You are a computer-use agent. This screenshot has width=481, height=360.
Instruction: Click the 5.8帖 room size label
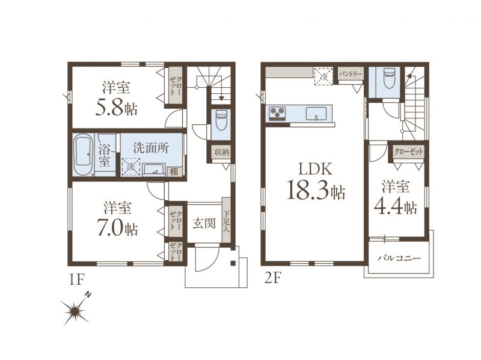[116, 108]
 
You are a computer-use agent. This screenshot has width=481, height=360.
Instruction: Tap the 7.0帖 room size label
[117, 228]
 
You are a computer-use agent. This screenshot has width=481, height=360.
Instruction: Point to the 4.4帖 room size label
[396, 207]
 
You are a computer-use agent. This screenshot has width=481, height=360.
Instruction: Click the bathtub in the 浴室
[84, 154]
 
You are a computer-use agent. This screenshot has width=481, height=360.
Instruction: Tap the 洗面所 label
[151, 148]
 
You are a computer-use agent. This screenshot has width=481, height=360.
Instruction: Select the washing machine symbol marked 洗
[131, 167]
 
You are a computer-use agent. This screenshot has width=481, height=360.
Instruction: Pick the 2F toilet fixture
[389, 78]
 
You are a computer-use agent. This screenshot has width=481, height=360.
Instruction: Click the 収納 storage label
[222, 152]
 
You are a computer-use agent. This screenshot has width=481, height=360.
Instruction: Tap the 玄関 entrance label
[204, 224]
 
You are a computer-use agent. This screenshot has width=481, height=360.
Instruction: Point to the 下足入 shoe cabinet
[226, 220]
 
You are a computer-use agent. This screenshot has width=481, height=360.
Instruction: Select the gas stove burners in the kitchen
[277, 112]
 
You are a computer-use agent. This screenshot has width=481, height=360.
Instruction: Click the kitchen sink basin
[317, 114]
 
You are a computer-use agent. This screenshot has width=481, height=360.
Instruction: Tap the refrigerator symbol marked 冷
[323, 76]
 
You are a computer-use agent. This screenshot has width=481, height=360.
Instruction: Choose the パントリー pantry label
[351, 74]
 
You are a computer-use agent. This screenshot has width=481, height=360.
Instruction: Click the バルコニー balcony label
[399, 258]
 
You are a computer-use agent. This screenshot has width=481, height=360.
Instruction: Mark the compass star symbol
[75, 310]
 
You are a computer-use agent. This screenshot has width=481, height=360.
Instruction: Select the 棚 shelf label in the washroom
[174, 171]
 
